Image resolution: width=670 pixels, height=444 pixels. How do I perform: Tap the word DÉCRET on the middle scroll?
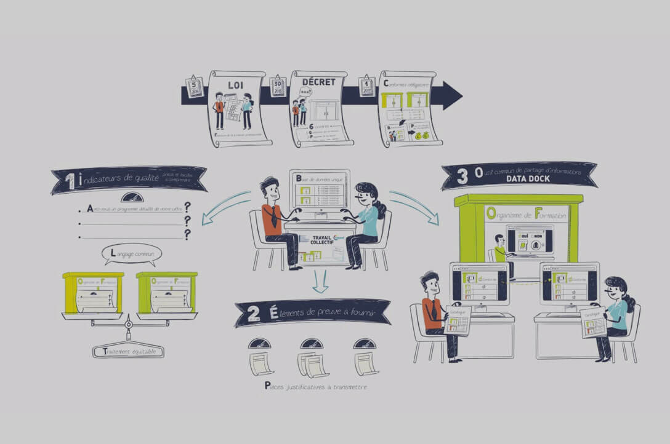[x=318, y=81]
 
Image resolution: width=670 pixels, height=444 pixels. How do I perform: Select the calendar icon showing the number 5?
[x=195, y=86]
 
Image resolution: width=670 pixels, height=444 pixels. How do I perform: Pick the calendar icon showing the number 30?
[x=277, y=86]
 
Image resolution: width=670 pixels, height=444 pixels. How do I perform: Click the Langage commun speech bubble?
[x=132, y=253]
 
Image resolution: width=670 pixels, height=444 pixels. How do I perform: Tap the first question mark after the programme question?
[x=187, y=207]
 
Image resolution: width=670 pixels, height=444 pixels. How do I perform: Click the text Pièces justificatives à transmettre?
[x=315, y=386]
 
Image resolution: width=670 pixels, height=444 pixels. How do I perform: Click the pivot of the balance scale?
[x=129, y=324]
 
